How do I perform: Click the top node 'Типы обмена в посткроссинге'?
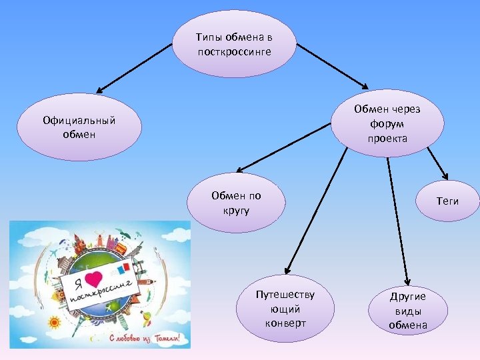pos(234,44)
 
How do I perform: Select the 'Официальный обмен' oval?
pos(79,127)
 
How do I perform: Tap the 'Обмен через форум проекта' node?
pos(387,123)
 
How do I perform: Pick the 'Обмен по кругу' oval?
pos(236,203)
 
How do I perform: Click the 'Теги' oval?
pos(447,201)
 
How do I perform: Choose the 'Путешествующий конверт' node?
pos(285,309)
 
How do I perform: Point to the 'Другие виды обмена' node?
pos(408,310)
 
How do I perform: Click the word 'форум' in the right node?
pos(387,123)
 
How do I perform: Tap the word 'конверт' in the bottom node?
pos(285,323)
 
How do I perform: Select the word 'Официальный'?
pos(79,120)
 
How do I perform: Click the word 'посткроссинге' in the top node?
pos(234,51)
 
